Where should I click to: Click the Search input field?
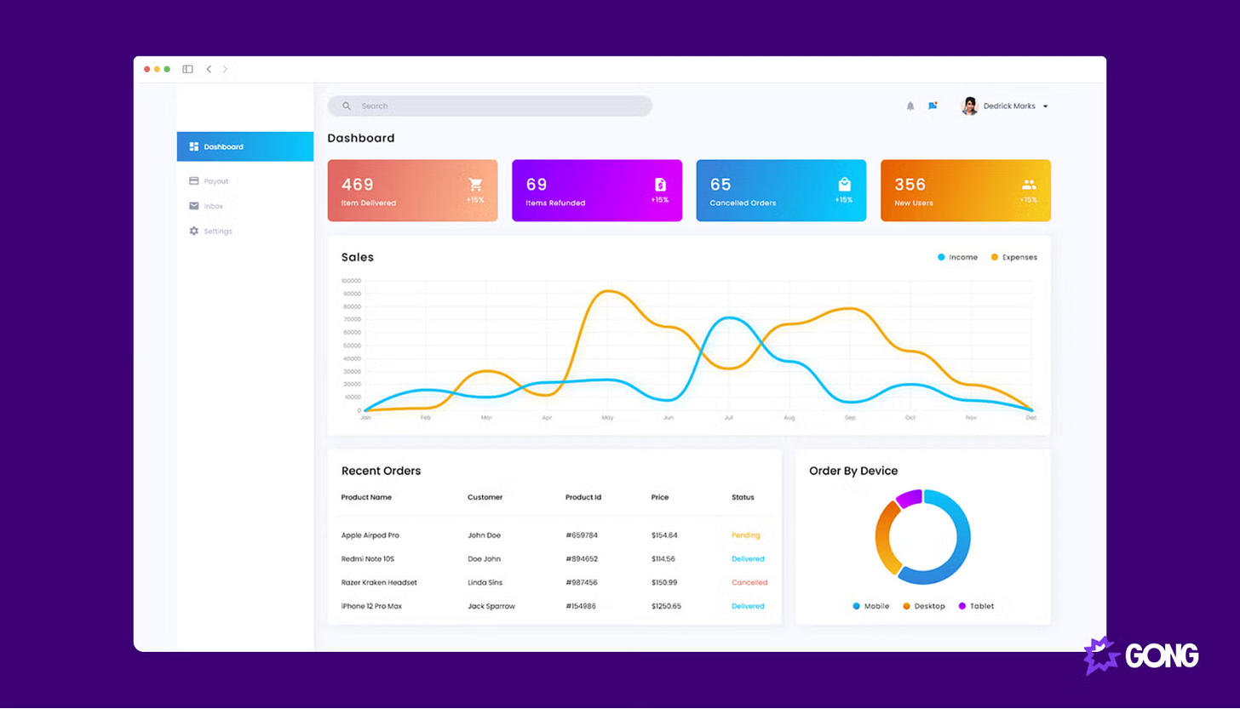pos(490,106)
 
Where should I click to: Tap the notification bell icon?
pos(910,106)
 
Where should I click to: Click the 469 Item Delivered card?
pos(412,191)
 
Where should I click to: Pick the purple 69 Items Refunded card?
pos(596,191)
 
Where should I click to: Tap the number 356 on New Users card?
pos(910,185)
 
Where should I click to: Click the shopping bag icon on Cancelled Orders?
pos(844,184)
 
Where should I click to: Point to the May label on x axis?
pos(607,418)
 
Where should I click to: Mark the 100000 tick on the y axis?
pos(351,280)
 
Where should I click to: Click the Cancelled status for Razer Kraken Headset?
pos(749,583)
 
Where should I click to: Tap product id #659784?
pos(582,535)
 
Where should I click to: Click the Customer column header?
pos(485,497)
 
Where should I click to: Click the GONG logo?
pos(1141,655)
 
